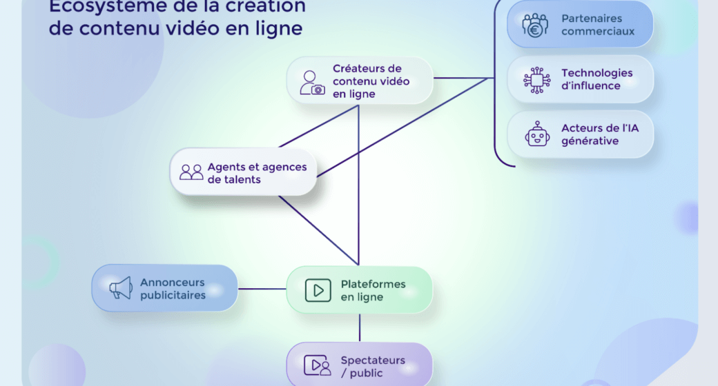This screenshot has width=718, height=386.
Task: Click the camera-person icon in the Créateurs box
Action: click(x=312, y=82)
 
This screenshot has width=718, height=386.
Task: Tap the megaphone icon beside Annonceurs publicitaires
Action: click(x=121, y=288)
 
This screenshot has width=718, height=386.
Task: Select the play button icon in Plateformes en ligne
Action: click(x=318, y=290)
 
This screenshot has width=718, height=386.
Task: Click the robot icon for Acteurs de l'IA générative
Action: click(x=537, y=134)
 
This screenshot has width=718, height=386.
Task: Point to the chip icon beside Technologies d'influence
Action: click(x=536, y=79)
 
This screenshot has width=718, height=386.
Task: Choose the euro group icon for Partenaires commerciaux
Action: click(x=536, y=25)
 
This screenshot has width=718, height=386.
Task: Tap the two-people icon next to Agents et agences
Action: click(x=191, y=172)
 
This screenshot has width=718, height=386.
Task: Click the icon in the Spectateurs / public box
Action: click(x=318, y=365)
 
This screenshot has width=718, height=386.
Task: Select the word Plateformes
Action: click(x=373, y=284)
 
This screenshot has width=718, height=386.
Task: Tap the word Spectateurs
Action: click(x=372, y=360)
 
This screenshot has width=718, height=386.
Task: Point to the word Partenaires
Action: click(x=592, y=18)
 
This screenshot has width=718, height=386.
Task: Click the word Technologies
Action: click(x=596, y=72)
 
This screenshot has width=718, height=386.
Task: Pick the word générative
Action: click(x=590, y=141)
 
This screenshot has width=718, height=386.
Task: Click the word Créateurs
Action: click(x=367, y=68)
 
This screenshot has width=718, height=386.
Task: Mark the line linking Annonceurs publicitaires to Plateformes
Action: click(x=262, y=289)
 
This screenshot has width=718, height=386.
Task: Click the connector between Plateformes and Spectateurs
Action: click(x=360, y=327)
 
